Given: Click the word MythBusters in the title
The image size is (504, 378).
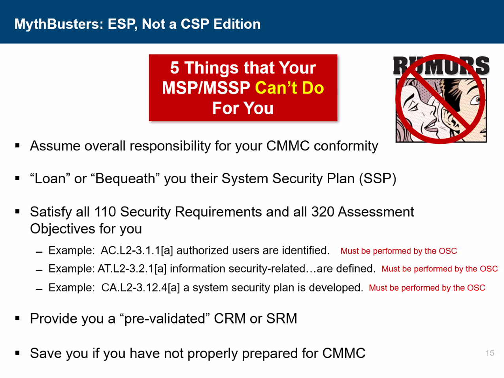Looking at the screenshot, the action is pyautogui.click(x=59, y=24).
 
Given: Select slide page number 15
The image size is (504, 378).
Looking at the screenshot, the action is pyautogui.click(x=490, y=353).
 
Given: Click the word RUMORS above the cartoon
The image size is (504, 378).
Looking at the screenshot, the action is pyautogui.click(x=441, y=66).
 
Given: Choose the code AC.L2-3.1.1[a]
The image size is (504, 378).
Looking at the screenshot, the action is pyautogui.click(x=137, y=250).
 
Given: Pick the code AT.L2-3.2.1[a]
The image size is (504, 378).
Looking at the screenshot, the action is pyautogui.click(x=132, y=269).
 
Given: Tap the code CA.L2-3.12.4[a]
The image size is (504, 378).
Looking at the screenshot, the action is pyautogui.click(x=140, y=288).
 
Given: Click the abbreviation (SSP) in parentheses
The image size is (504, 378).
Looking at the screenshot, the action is pyautogui.click(x=378, y=179).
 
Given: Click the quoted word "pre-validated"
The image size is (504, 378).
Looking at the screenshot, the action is pyautogui.click(x=164, y=319).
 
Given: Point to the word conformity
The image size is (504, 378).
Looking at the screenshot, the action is pyautogui.click(x=346, y=146).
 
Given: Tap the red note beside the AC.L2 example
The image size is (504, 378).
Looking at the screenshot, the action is pyautogui.click(x=398, y=251).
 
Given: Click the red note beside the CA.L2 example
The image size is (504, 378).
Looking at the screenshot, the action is pyautogui.click(x=427, y=288).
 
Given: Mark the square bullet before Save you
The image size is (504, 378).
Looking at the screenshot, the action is pyautogui.click(x=17, y=353).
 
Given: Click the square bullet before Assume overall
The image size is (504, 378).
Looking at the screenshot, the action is pyautogui.click(x=17, y=145).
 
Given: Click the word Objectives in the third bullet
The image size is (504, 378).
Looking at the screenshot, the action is pyautogui.click(x=63, y=229).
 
